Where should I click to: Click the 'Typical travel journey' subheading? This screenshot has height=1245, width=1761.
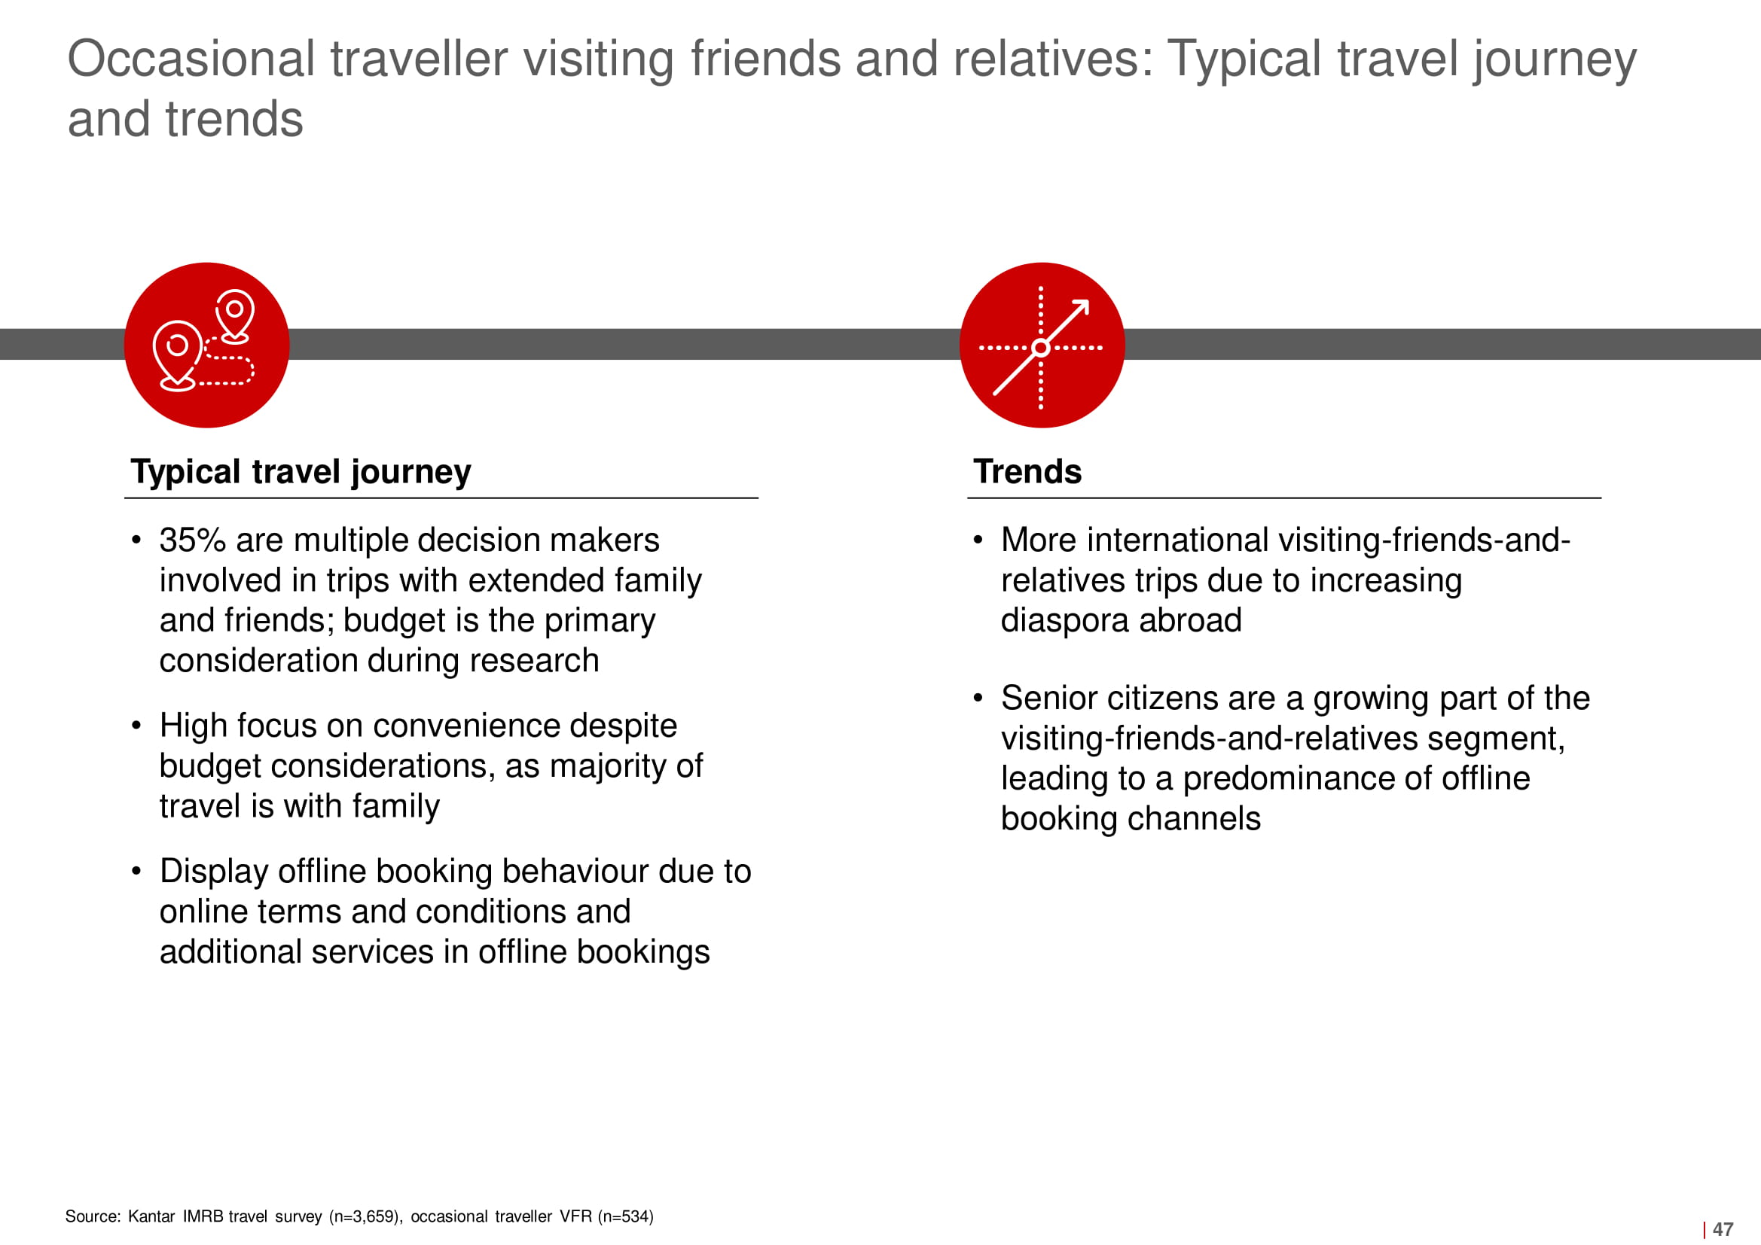click(x=301, y=471)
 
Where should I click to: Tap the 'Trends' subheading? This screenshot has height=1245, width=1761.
click(x=1027, y=471)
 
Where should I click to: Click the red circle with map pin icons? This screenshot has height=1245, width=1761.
click(x=206, y=345)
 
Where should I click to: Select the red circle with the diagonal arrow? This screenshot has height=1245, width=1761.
click(x=1042, y=345)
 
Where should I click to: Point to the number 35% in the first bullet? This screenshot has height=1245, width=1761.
click(x=193, y=540)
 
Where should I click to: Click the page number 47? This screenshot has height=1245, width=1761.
click(x=1723, y=1229)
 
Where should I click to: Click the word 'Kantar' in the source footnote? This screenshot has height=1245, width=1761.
click(x=151, y=1216)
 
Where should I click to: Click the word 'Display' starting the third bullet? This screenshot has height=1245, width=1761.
click(x=214, y=872)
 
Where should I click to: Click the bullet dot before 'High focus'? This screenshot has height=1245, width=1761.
click(x=136, y=725)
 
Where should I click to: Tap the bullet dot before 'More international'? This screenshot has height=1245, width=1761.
click(x=978, y=540)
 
